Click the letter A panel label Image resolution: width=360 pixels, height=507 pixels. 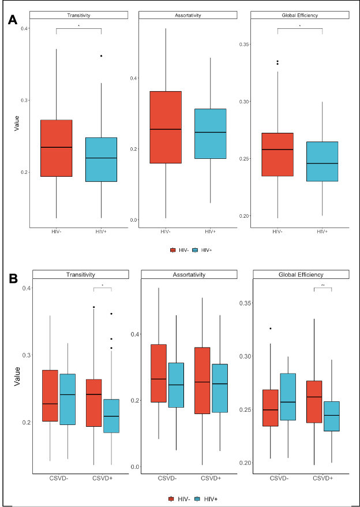13,21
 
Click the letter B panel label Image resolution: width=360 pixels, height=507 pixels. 13,279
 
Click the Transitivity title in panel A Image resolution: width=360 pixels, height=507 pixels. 78,14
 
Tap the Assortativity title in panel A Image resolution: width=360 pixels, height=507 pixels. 188,14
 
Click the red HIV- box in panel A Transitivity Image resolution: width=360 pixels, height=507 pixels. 56,148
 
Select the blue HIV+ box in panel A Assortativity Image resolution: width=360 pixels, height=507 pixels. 210,133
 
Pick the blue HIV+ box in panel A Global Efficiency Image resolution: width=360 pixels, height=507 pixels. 322,161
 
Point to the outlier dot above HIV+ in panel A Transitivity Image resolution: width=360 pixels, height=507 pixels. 101,56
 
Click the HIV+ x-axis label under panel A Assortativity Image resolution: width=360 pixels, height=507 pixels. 210,232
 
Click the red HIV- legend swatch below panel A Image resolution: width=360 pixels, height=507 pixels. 173,250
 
